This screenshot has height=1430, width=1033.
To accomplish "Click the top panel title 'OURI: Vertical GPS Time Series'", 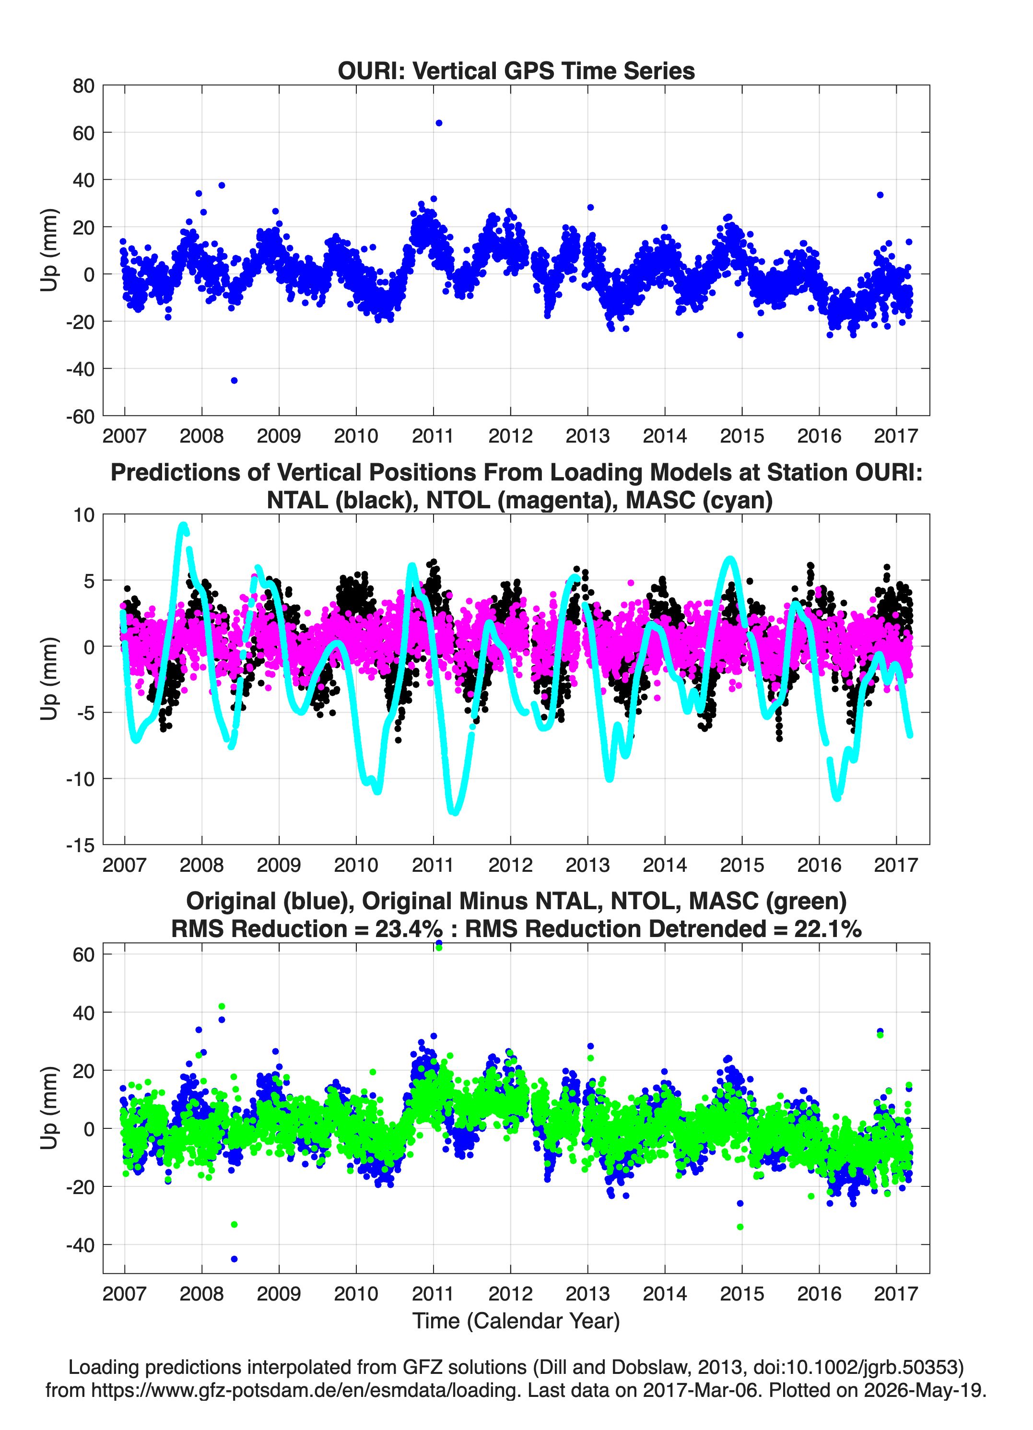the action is (516, 70).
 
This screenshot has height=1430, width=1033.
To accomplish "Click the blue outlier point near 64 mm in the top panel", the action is (439, 123).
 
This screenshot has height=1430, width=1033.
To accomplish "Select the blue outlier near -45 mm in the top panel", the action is (234, 380).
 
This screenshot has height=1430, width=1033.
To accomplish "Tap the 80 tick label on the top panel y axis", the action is (83, 86).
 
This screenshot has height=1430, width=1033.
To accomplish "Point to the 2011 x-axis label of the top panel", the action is (433, 436).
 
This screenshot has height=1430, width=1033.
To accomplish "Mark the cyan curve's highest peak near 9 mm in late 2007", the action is (183, 525).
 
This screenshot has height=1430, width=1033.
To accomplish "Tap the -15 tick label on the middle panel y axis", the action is (80, 845).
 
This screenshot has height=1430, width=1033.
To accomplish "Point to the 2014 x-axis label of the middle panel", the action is (665, 865).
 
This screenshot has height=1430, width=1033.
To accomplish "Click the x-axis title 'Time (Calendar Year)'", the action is (516, 1321).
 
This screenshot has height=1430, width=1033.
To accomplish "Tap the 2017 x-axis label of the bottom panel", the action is (895, 1293).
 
